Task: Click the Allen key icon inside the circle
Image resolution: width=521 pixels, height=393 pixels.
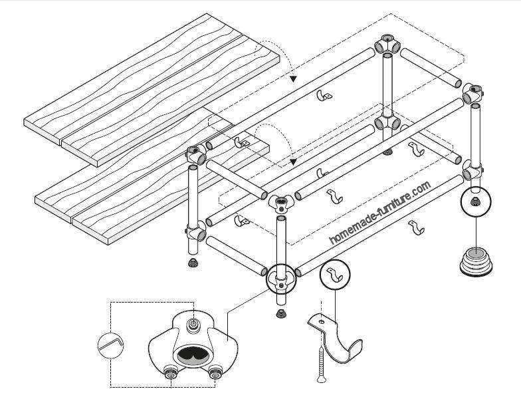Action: point(109,345)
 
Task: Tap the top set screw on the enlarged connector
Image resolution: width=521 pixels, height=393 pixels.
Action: point(193,324)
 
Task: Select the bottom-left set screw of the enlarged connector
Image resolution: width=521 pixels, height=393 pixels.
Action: point(170,374)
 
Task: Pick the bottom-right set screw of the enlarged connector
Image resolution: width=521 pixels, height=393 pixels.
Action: point(214,374)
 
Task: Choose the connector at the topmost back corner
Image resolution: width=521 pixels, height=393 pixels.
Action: point(387,47)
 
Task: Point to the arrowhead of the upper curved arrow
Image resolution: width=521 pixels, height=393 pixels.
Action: point(291,78)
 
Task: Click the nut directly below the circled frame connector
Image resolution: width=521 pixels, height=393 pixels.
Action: point(280,312)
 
